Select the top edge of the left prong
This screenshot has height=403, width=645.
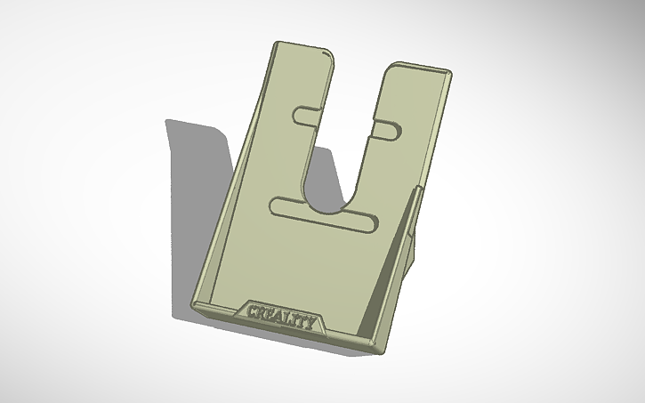(303, 47)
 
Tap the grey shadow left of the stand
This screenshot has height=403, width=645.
(196, 178)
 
